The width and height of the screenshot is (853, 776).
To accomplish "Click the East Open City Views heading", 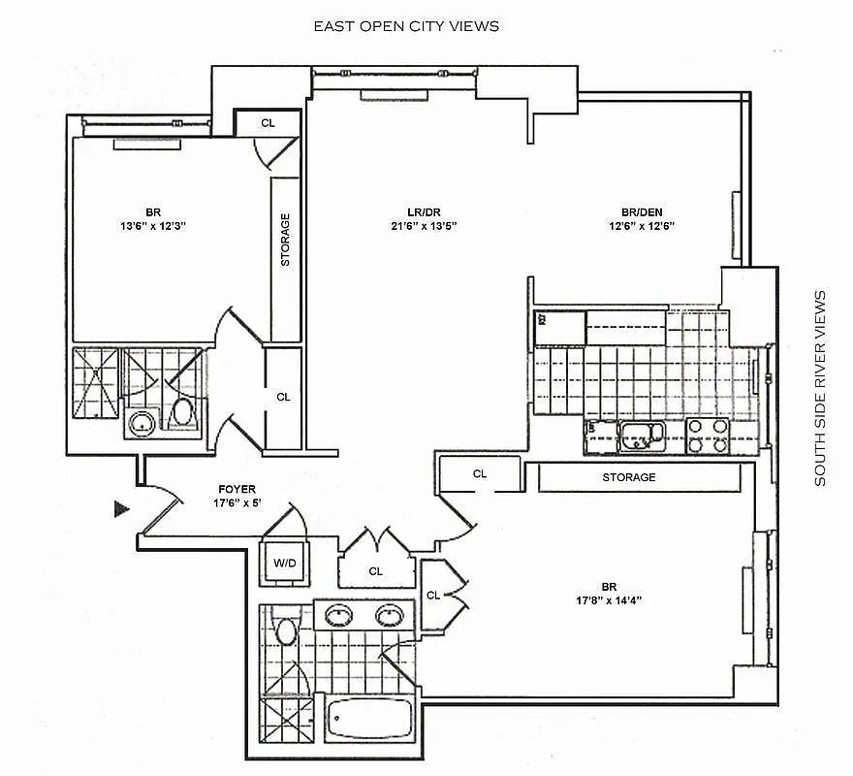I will (406, 26).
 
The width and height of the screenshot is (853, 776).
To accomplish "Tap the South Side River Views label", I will (820, 388).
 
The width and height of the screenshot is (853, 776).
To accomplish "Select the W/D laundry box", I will (286, 562).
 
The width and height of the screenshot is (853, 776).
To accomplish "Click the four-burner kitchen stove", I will (708, 436).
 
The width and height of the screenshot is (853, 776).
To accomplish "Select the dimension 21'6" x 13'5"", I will (418, 226).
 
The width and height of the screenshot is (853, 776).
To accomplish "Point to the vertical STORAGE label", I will (285, 240).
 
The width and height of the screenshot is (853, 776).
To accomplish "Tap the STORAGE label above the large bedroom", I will (628, 477).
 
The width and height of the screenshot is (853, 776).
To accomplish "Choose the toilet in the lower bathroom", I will (285, 632).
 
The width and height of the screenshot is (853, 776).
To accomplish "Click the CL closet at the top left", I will (268, 123).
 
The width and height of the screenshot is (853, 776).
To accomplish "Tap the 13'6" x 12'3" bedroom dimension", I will (152, 226).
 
